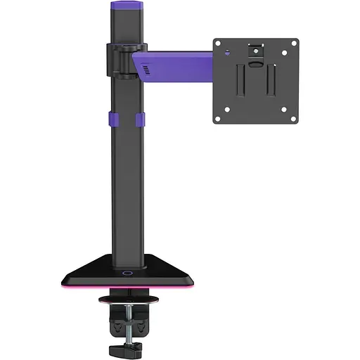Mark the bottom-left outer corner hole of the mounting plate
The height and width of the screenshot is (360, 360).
coord(218,118)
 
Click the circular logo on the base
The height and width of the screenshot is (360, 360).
coord(127,272)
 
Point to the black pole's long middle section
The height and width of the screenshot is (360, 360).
coord(127,183)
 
